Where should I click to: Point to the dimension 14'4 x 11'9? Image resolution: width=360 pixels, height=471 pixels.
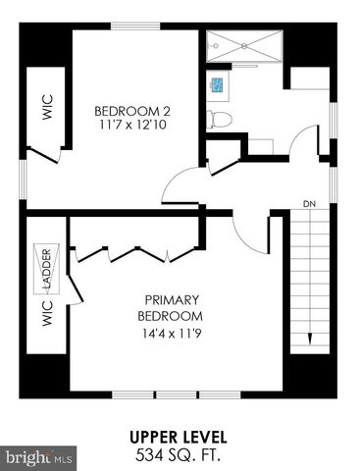click(x=173, y=334)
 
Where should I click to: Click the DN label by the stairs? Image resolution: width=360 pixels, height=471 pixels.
click(x=309, y=204)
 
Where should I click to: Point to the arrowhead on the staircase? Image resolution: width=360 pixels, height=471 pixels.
click(x=310, y=340)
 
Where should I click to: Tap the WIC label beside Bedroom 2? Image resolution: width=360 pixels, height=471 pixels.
click(x=45, y=106)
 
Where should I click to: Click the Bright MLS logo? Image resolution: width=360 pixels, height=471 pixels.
click(x=39, y=456)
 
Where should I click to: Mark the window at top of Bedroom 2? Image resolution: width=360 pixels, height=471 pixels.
click(x=137, y=26)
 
